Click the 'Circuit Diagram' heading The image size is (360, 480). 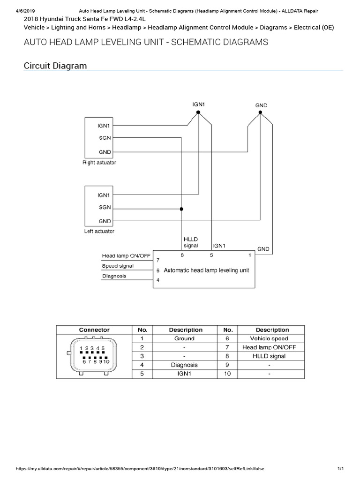point(55,66)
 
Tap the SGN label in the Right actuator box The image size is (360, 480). point(105,138)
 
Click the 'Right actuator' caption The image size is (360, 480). point(99,163)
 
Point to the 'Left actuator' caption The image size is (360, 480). point(99,231)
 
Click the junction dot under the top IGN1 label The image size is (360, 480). point(198,113)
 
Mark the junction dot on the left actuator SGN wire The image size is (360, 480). point(182,209)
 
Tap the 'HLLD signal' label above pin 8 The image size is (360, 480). point(191,242)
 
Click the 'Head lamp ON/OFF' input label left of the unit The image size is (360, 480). point(126,255)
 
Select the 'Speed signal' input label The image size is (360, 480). point(118,266)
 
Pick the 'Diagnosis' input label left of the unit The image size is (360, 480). point(114,276)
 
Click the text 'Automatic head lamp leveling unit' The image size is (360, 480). point(206,270)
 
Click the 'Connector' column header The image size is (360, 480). point(94,330)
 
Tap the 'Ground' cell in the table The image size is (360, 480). point(184,338)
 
